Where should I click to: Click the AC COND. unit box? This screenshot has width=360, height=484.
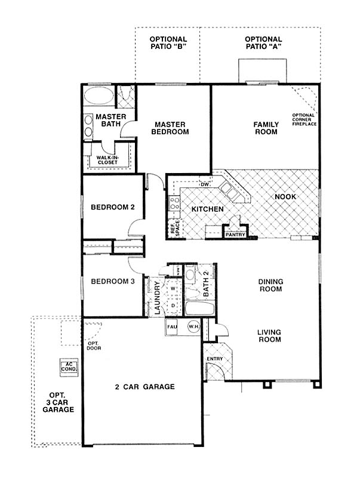(69, 367)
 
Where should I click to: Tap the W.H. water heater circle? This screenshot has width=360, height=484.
(193, 326)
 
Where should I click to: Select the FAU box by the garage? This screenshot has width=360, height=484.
(173, 327)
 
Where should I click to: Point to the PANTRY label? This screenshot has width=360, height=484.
(235, 235)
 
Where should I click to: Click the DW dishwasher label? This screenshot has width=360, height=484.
(205, 184)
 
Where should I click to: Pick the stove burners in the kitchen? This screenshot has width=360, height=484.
(174, 203)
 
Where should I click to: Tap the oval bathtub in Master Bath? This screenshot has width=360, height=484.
(99, 95)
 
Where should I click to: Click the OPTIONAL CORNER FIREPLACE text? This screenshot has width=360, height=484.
(304, 119)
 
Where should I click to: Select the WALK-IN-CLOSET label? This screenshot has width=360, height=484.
(107, 160)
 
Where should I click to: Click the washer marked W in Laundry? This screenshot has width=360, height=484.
(173, 289)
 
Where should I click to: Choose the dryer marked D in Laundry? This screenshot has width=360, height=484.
(173, 306)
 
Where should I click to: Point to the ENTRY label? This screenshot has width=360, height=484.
(215, 359)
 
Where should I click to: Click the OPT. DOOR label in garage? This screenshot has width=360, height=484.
(94, 346)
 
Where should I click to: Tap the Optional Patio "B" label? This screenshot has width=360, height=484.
(168, 43)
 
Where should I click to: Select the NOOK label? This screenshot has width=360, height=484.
(285, 196)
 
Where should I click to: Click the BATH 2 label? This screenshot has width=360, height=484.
(206, 284)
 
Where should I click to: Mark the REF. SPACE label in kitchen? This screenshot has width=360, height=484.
(175, 228)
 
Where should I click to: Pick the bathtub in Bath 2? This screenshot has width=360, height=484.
(200, 309)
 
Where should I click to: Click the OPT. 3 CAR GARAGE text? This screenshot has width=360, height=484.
(59, 402)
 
